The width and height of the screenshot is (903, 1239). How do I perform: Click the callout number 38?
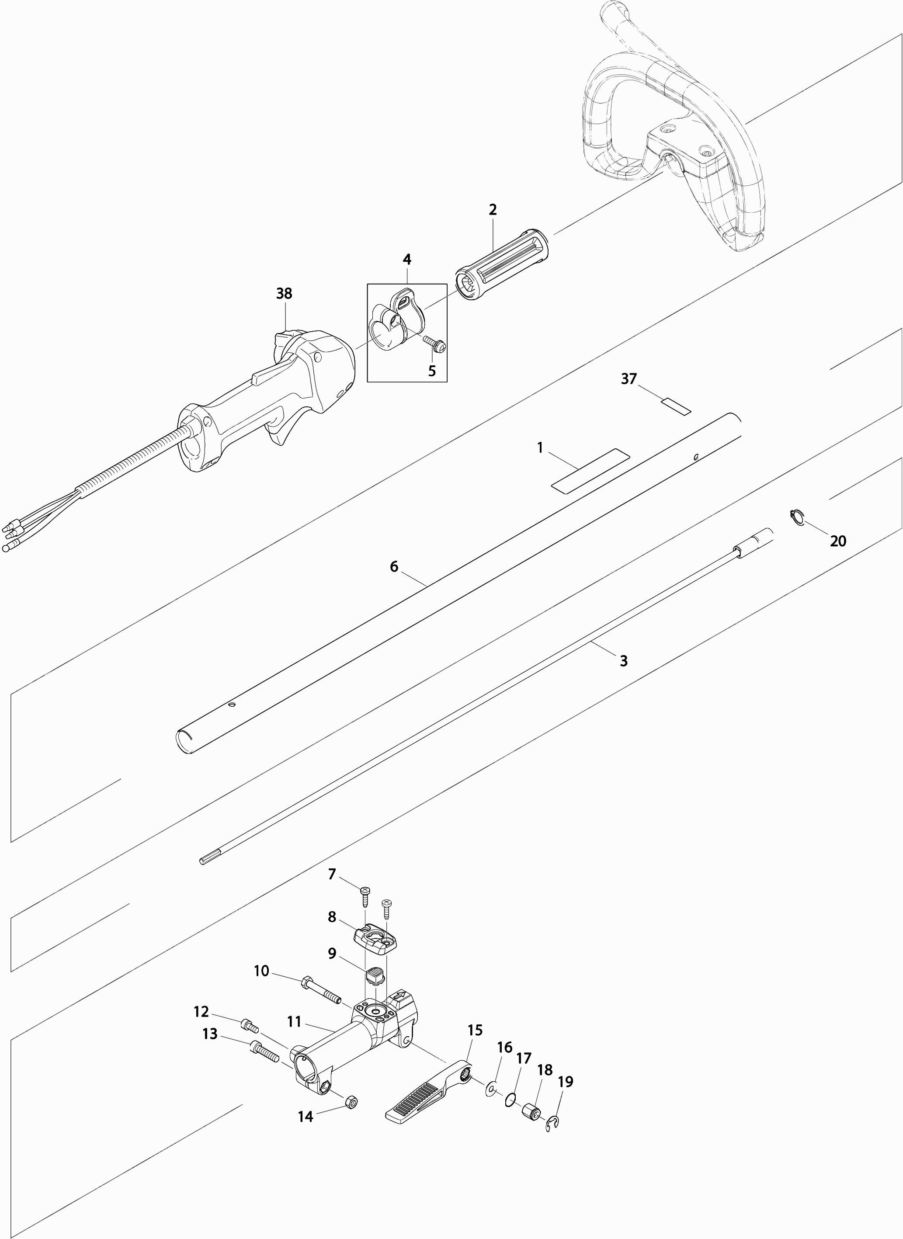pos(284,294)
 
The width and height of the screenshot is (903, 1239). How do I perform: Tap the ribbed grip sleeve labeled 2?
pos(502,264)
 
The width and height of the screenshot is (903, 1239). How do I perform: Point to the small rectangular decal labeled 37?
pos(676,406)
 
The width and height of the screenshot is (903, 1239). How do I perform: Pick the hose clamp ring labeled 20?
pos(798,517)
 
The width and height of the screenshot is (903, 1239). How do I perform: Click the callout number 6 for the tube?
pos(394,566)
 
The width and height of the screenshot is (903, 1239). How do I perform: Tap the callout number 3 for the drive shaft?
pos(624,661)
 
